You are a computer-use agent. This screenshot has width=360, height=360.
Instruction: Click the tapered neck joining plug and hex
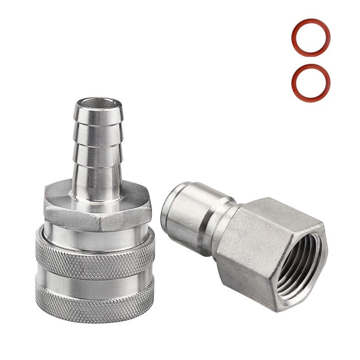pos(225,225)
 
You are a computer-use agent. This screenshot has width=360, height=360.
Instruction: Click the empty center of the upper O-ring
pos(310,37)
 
